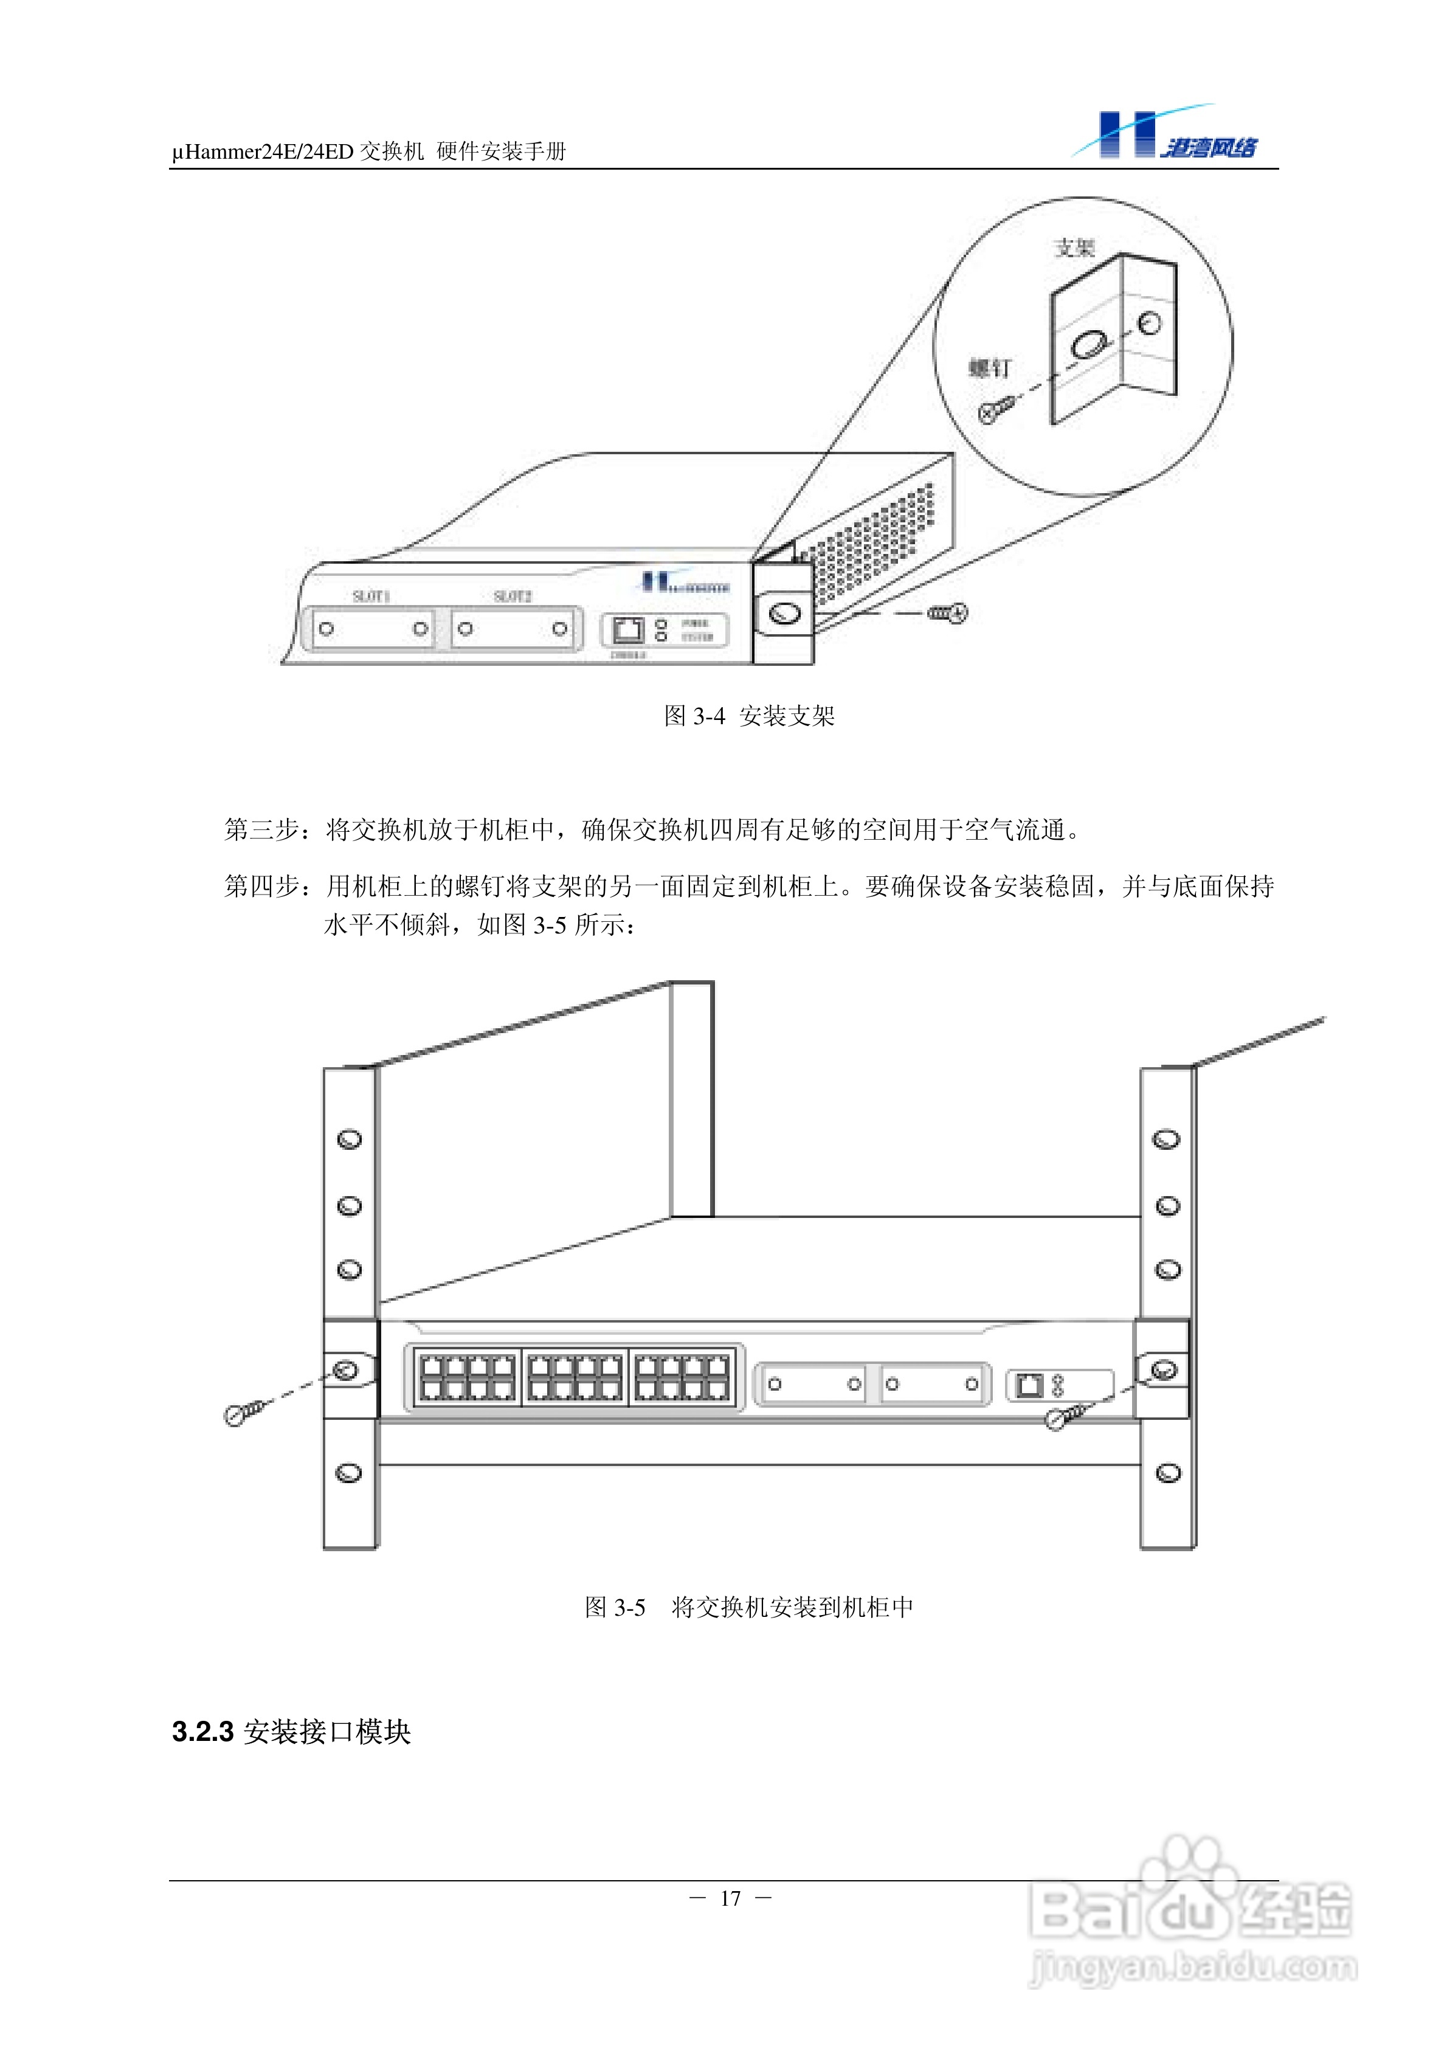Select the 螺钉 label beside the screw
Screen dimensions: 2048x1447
pyautogui.click(x=990, y=367)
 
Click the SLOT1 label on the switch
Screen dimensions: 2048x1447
pyautogui.click(x=371, y=596)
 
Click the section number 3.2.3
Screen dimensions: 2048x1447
pyautogui.click(x=202, y=1731)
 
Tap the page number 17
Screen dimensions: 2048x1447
pyautogui.click(x=731, y=1898)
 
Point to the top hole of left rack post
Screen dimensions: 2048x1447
pyautogui.click(x=350, y=1139)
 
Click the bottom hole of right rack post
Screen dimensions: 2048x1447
pyautogui.click(x=1168, y=1473)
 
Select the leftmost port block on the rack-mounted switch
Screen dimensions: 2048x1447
pyautogui.click(x=466, y=1377)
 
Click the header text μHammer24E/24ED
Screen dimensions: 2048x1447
pyautogui.click(x=263, y=151)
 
